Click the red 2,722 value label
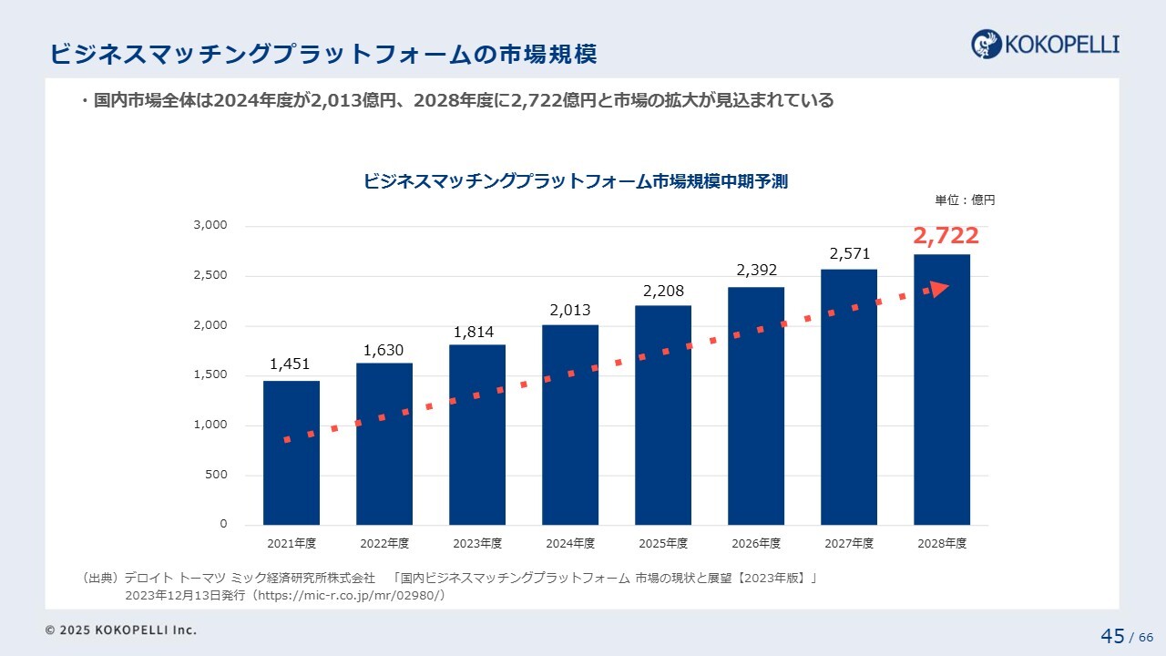[x=946, y=237]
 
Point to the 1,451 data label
[x=290, y=364]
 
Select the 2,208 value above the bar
[x=663, y=292]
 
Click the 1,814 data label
[x=474, y=332]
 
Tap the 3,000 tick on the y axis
[x=210, y=225]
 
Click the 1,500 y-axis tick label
[x=210, y=374]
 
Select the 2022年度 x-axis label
[x=384, y=543]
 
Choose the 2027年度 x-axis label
[x=849, y=543]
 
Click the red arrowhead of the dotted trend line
[x=938, y=289]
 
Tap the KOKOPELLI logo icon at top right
[x=987, y=44]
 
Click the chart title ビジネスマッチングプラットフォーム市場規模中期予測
[x=576, y=181]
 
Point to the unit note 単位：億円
[x=965, y=200]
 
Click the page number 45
[x=1112, y=636]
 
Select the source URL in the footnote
[x=350, y=596]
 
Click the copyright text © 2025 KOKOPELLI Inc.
[x=121, y=630]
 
